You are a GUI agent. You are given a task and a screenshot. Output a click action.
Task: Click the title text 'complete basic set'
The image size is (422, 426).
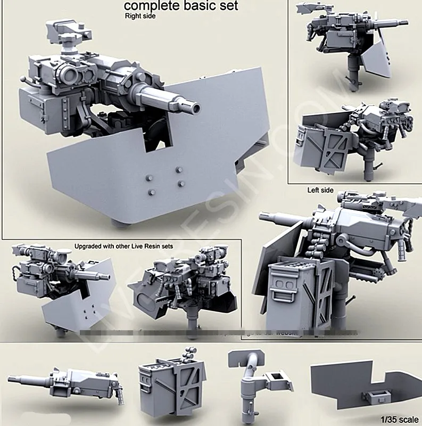point(181,6)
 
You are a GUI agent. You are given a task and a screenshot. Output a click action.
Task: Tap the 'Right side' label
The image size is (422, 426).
point(140,17)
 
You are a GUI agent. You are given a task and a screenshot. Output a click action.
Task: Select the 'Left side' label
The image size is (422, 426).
point(320,190)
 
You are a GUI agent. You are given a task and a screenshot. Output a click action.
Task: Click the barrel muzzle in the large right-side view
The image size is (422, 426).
point(196,108)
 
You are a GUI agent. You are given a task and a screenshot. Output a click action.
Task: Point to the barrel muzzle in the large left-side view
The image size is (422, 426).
point(262,217)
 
